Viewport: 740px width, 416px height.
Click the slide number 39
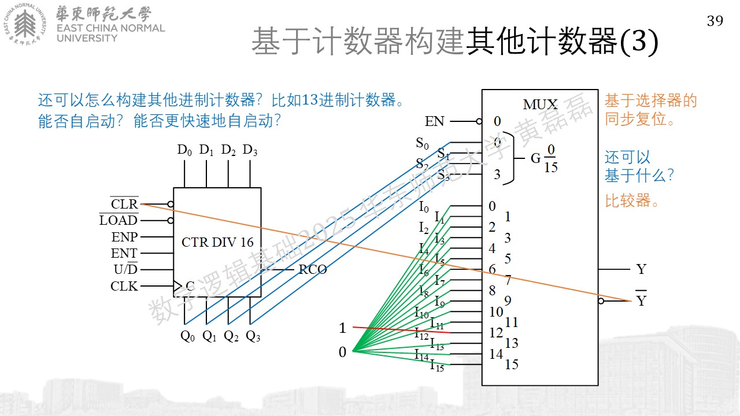pos(715,21)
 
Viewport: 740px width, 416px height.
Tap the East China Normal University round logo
pos(25,24)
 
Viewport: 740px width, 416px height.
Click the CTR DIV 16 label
pos(217,242)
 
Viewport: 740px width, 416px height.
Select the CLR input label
pos(124,204)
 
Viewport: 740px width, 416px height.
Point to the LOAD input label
pos(119,220)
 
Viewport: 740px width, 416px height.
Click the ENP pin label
pos(124,237)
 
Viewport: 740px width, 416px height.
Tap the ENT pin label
pos(124,253)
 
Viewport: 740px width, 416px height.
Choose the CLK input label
pos(124,286)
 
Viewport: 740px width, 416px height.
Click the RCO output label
pos(313,269)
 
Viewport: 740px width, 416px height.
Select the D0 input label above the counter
pos(184,150)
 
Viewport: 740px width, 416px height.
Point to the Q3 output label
pos(253,336)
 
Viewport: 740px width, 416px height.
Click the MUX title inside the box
pos(540,105)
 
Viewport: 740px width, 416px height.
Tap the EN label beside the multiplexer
pos(434,121)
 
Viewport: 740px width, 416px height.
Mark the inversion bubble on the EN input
pos(479,121)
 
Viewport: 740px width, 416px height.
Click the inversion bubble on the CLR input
pos(171,204)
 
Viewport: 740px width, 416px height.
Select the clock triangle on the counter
pos(177,286)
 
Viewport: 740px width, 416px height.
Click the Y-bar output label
pos(641,298)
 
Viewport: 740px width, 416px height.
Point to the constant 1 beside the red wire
pos(343,328)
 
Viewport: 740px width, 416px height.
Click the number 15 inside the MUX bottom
pos(512,365)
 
